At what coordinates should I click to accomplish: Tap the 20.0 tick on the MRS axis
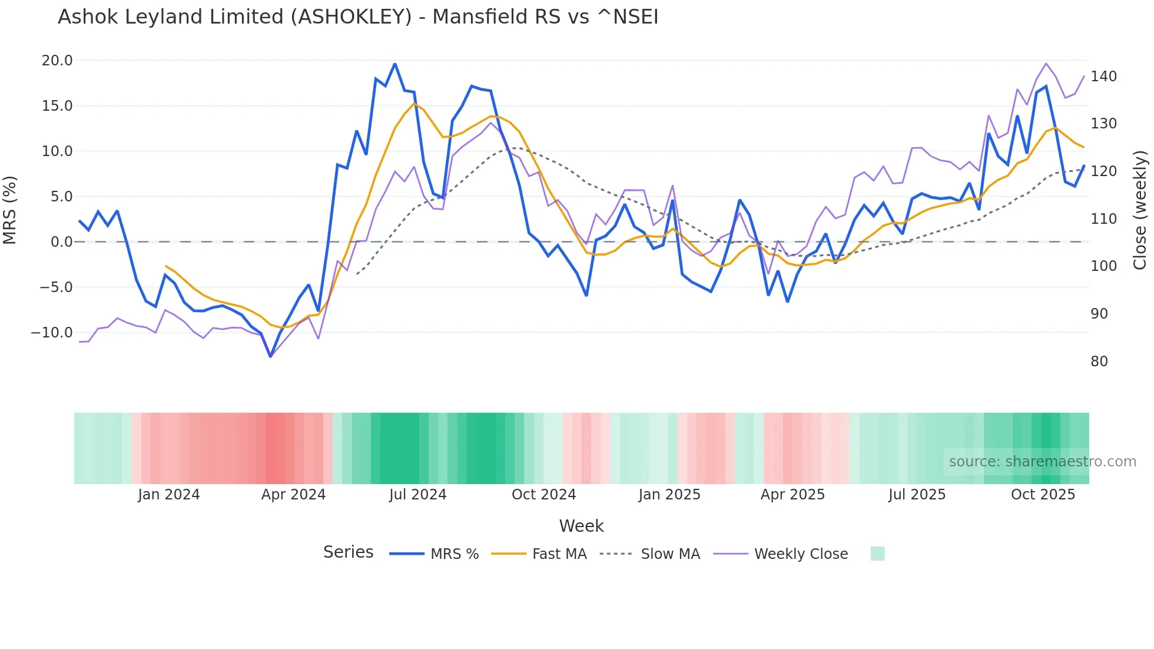[57, 61]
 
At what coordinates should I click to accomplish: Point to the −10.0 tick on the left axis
[52, 333]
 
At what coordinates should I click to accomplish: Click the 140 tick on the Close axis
[1103, 77]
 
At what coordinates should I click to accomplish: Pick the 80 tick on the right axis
[1099, 362]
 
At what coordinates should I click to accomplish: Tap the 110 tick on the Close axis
[1103, 219]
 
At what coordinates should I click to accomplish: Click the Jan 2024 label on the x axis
[169, 495]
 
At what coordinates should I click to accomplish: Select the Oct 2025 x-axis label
[1043, 495]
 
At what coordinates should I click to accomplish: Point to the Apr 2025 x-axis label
[792, 495]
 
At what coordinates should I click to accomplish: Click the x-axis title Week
[581, 526]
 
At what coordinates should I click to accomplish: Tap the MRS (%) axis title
[10, 210]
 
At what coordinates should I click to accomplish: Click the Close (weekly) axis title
[1140, 210]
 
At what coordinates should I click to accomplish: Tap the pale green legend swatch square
[877, 554]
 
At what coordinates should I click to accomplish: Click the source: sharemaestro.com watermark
[1042, 462]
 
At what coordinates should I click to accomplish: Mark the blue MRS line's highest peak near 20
[394, 64]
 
